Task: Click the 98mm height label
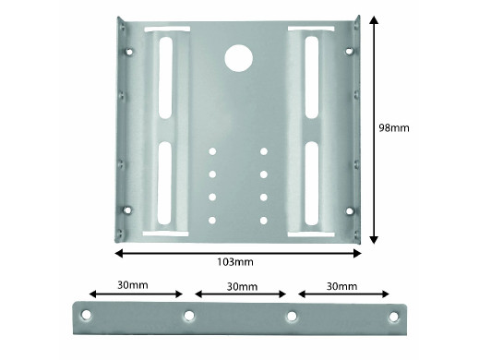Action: tap(394, 127)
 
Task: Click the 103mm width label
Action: tap(235, 262)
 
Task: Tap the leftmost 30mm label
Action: tap(133, 285)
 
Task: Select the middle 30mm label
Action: tap(242, 287)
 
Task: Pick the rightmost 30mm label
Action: tap(341, 286)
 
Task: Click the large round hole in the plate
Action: tap(239, 58)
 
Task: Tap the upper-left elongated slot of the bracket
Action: tap(165, 78)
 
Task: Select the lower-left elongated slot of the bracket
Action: tap(164, 183)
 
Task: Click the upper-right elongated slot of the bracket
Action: tap(312, 78)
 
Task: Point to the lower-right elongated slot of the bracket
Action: tap(311, 184)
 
